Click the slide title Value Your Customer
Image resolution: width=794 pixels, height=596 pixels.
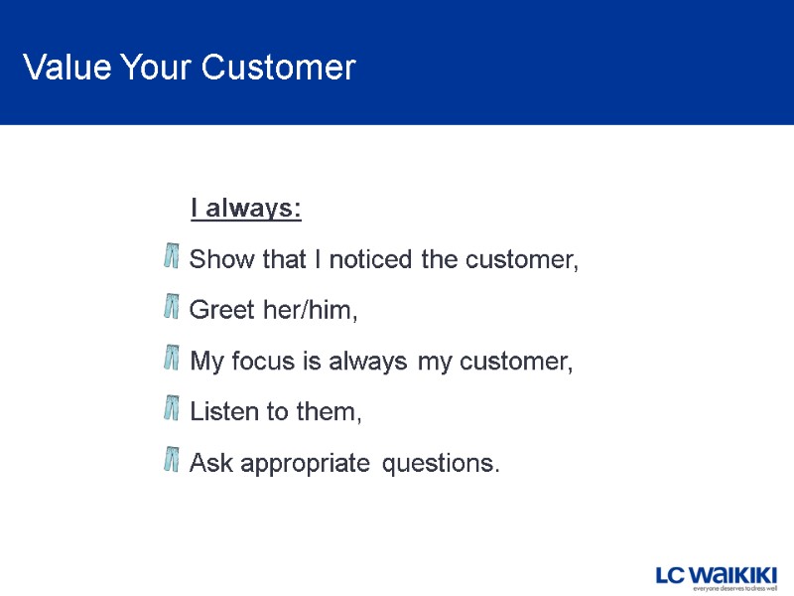point(189,68)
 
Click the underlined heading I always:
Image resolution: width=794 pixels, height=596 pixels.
point(246,210)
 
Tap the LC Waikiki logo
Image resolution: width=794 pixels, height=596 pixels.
point(716,573)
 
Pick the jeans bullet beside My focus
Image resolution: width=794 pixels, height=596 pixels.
point(171,359)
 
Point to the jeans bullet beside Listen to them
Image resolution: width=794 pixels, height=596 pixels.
point(171,409)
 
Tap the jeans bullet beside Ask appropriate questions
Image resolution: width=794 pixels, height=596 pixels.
point(171,460)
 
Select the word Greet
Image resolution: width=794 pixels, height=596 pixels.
point(221,311)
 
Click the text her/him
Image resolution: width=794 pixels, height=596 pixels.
point(309,311)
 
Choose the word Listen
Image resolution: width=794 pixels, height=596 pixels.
point(224,411)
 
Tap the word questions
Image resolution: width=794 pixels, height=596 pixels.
point(441,463)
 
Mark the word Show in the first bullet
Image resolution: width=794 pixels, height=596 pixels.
point(222,260)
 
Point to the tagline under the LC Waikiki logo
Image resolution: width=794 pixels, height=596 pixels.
point(733,588)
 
